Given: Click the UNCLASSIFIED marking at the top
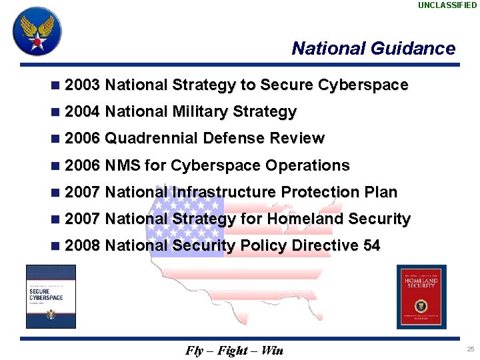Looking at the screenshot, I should pos(447,5).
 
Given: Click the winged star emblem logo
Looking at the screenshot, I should pos(37,31).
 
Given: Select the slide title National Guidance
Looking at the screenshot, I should pos(373,49).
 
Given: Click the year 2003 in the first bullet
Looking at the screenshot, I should pos(83,85).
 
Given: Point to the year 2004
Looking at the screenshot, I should pos(83,112).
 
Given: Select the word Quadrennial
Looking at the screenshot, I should pos(151,139).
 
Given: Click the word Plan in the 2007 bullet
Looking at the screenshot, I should pos(381,192).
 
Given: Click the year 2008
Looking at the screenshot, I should pos(83,245).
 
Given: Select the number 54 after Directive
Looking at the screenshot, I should pos(371,245).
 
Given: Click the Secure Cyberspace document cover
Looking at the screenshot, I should pos(51,296).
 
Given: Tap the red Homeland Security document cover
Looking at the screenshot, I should pos(421,297).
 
